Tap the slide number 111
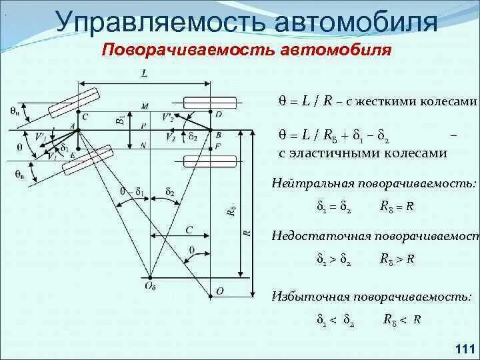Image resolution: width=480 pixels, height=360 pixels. point(463,348)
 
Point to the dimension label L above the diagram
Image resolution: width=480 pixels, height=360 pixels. point(145,75)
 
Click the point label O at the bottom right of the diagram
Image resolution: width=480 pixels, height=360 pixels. point(219,291)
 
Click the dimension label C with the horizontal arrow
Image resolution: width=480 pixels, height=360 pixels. point(189,230)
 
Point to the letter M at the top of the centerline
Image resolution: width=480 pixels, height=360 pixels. point(145,106)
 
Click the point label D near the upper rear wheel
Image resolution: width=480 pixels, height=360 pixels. point(218,115)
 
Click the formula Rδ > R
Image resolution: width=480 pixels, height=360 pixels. point(398,258)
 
